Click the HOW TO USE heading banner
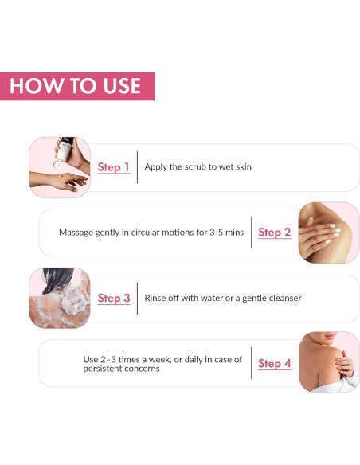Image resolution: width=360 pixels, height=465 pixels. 77,86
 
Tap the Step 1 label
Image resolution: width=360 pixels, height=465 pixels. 114,167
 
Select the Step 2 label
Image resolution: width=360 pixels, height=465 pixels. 274,232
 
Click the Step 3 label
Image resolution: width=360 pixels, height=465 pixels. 114,299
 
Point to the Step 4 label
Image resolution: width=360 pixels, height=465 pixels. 274,364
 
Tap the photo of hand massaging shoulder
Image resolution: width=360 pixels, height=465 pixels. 328,232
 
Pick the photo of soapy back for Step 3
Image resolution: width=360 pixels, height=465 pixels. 59,298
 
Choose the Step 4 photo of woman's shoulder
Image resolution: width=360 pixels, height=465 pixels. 328,363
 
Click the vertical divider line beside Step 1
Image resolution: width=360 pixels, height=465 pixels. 138,167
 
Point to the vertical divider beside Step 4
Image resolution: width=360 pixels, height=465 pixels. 251,364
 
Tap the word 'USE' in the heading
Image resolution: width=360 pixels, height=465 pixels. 116,86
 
